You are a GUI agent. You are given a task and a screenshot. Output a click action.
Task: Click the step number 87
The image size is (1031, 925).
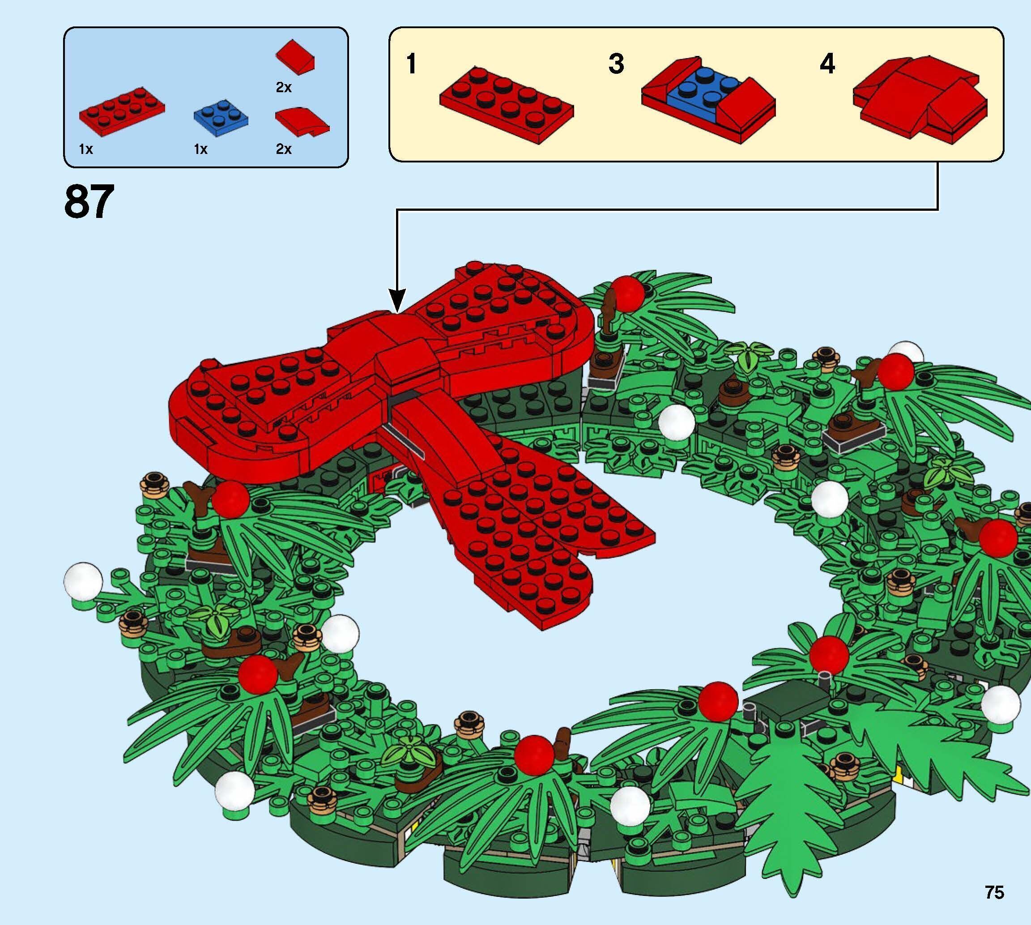click(89, 202)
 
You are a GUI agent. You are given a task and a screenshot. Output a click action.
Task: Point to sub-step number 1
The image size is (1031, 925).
click(411, 64)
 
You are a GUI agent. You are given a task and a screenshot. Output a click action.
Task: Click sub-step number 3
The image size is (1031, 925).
click(616, 64)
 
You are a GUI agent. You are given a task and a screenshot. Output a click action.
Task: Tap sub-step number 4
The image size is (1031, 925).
click(827, 64)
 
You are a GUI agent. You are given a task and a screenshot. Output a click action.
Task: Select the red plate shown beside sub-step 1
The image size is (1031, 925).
click(506, 104)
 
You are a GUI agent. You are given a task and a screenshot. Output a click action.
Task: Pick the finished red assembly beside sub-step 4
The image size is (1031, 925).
click(920, 99)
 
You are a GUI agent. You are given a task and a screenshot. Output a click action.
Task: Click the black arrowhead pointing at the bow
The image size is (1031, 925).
click(397, 300)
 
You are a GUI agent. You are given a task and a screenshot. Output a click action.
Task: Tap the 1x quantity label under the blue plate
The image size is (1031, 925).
click(201, 149)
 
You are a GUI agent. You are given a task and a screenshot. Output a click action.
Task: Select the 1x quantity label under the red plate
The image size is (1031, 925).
click(86, 149)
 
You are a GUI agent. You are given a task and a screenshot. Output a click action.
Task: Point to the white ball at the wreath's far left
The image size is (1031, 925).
click(83, 580)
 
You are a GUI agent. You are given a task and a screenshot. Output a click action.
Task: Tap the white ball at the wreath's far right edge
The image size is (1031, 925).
click(1000, 705)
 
